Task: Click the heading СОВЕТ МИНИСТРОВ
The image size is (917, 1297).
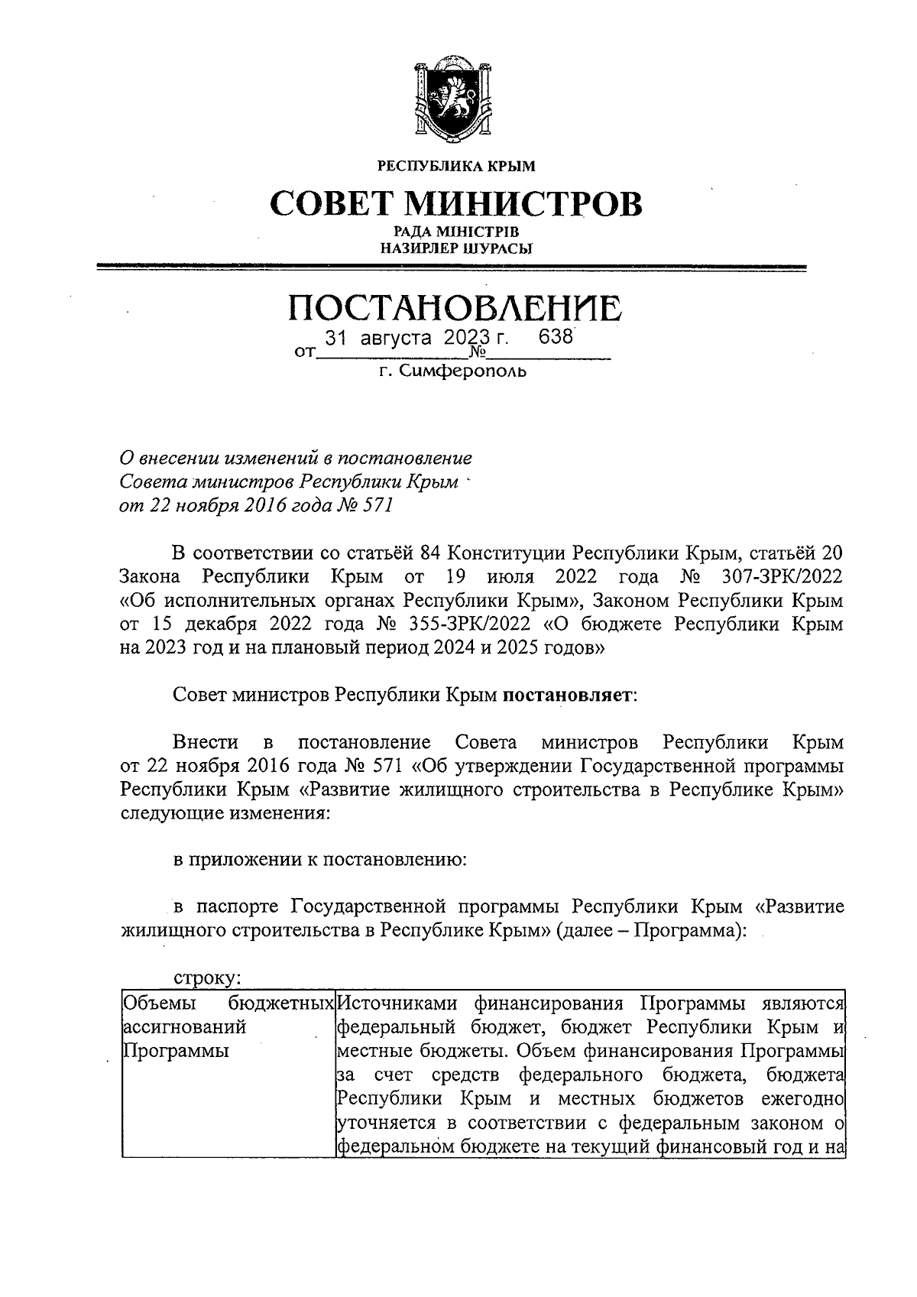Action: click(x=457, y=203)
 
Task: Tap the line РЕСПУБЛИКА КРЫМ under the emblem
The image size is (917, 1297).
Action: click(x=457, y=165)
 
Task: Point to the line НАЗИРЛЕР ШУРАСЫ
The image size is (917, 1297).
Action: click(x=457, y=247)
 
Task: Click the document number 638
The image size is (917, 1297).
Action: click(x=556, y=337)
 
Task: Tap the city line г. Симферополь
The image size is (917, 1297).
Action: click(x=452, y=372)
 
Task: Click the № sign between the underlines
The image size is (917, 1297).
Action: click(x=478, y=353)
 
